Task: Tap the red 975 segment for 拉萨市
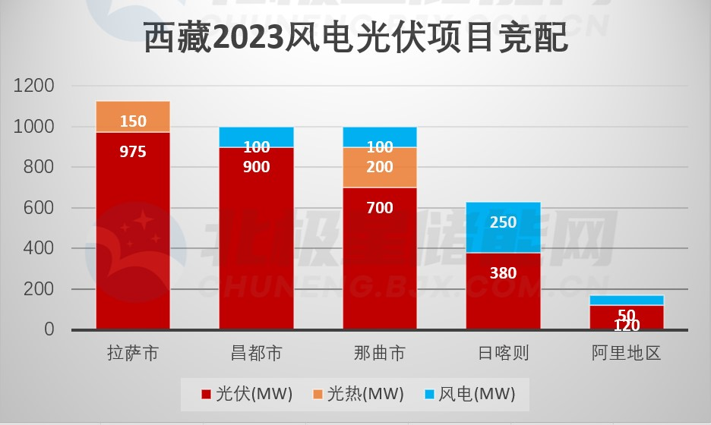(133, 228)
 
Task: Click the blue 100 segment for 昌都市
(256, 137)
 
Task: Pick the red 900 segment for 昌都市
(256, 235)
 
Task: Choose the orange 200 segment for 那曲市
(380, 167)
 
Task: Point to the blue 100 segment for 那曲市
(380, 137)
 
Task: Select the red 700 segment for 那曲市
(380, 258)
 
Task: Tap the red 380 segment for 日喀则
(503, 292)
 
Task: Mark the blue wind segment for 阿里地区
(627, 301)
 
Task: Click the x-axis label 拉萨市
(133, 353)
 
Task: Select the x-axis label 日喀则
(503, 353)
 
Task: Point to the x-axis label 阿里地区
(627, 353)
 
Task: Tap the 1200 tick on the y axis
(34, 87)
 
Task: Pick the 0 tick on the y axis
(49, 329)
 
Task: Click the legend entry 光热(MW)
(358, 394)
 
